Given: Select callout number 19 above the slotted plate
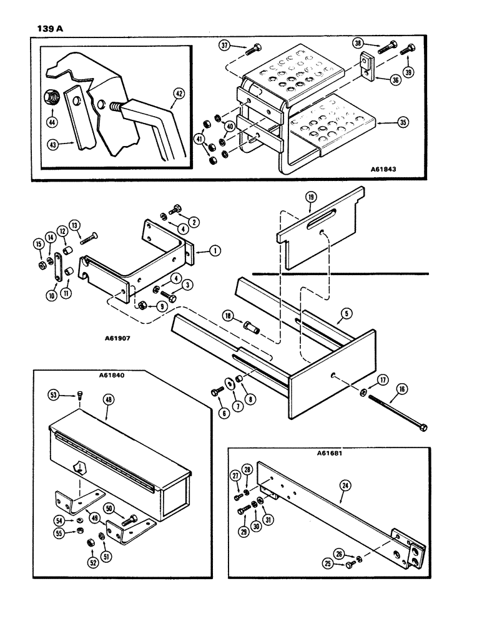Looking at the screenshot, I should [x=312, y=197].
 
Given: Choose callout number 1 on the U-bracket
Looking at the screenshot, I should [x=214, y=251].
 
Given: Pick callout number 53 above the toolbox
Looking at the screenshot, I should [x=54, y=394].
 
